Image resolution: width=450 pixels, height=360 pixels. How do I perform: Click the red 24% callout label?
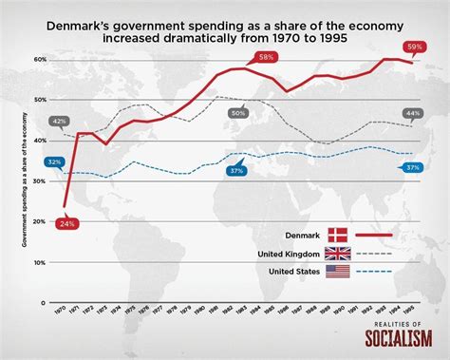[x=66, y=222]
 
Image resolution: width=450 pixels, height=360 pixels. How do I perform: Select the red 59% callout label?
[x=415, y=47]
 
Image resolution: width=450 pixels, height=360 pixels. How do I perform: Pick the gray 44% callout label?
[x=412, y=113]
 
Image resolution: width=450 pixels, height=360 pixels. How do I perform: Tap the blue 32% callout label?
[x=54, y=162]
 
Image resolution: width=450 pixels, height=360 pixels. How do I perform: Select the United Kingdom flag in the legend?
[x=338, y=253]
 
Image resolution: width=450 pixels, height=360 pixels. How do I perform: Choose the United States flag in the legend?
[x=338, y=271]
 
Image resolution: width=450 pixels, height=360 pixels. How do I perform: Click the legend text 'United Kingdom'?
[x=289, y=253]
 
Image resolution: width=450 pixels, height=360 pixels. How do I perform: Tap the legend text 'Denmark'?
[x=302, y=235]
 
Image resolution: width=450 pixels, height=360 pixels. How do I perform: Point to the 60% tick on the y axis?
[x=41, y=59]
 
